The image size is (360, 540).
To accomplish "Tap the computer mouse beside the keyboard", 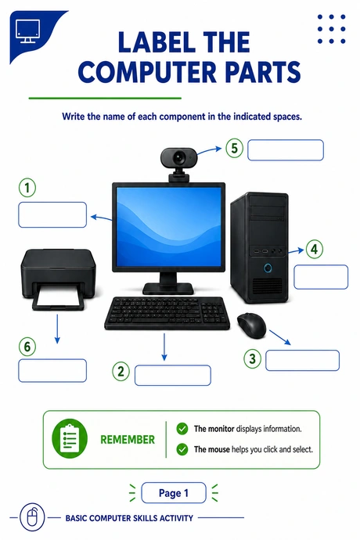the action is (252, 325).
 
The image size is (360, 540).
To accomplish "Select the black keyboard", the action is (167, 313).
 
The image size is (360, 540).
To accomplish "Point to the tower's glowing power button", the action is (268, 268).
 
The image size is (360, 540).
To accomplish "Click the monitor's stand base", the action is (168, 288).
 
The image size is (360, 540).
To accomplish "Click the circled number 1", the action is (27, 188).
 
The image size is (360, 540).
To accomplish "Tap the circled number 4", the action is (314, 249).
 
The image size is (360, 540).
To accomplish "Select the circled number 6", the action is (27, 347).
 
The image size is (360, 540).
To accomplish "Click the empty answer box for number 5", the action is (286, 150).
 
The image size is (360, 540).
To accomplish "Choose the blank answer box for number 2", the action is (173, 376).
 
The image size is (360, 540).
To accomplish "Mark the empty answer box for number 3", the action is (302, 361).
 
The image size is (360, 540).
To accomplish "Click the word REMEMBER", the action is (128, 440).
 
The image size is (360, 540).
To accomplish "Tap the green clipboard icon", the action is (70, 440).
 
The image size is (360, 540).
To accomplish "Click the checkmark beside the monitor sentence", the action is (182, 429).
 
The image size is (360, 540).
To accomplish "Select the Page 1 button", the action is (174, 493).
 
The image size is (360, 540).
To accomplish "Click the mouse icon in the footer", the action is (32, 517).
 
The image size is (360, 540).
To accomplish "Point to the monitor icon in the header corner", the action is (27, 31).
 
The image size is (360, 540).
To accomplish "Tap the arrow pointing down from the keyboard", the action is (164, 347).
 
